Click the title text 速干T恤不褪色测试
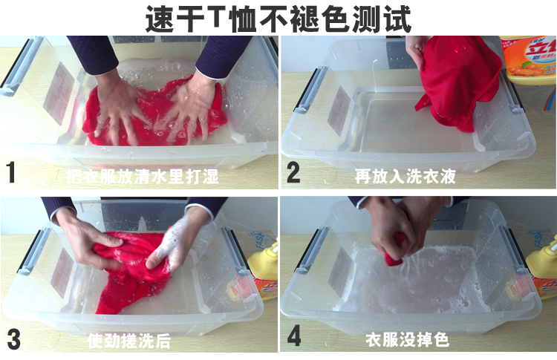pos(278,18)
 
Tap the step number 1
pos(11,174)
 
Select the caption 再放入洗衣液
pos(405,177)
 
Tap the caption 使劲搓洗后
pos(129,341)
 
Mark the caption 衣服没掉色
pos(407,341)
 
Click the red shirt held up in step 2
pos(457,82)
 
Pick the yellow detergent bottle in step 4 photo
pos(542,271)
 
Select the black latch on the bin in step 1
pos(21,67)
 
